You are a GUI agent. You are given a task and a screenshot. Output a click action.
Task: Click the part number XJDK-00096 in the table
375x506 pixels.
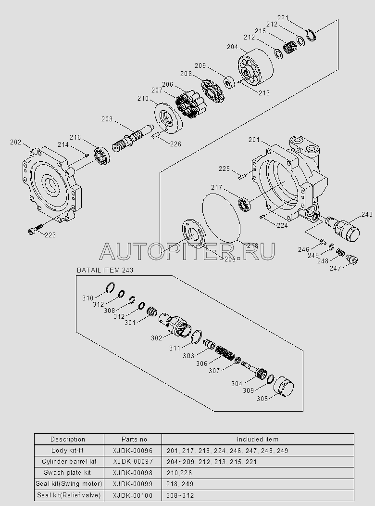(133, 451)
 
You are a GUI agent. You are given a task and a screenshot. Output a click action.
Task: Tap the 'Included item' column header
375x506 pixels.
(258, 439)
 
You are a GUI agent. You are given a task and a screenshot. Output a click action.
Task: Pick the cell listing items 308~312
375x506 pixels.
(258, 495)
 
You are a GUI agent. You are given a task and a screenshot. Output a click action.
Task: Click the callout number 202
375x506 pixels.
(15, 142)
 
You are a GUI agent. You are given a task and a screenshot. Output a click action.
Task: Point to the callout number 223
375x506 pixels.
(50, 235)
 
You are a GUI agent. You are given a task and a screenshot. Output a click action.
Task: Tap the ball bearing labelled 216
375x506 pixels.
(102, 155)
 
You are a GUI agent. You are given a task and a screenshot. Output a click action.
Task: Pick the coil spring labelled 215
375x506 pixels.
(289, 48)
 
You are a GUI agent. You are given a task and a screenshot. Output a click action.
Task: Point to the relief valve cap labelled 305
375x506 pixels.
(284, 386)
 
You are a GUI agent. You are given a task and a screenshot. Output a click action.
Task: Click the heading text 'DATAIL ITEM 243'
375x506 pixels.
(105, 270)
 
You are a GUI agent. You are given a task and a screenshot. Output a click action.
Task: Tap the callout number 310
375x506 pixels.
(87, 298)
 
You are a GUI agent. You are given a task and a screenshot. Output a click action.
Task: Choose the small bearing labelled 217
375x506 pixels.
(245, 204)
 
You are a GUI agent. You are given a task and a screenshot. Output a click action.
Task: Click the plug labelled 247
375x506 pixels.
(351, 259)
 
